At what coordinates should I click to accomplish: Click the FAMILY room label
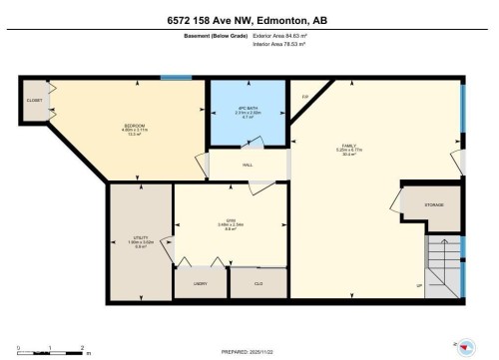click(348, 146)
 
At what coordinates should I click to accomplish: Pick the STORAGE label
click(433, 204)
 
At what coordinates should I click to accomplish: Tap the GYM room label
click(228, 220)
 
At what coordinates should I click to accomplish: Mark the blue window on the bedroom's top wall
click(177, 78)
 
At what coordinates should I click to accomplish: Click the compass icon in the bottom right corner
click(465, 346)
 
